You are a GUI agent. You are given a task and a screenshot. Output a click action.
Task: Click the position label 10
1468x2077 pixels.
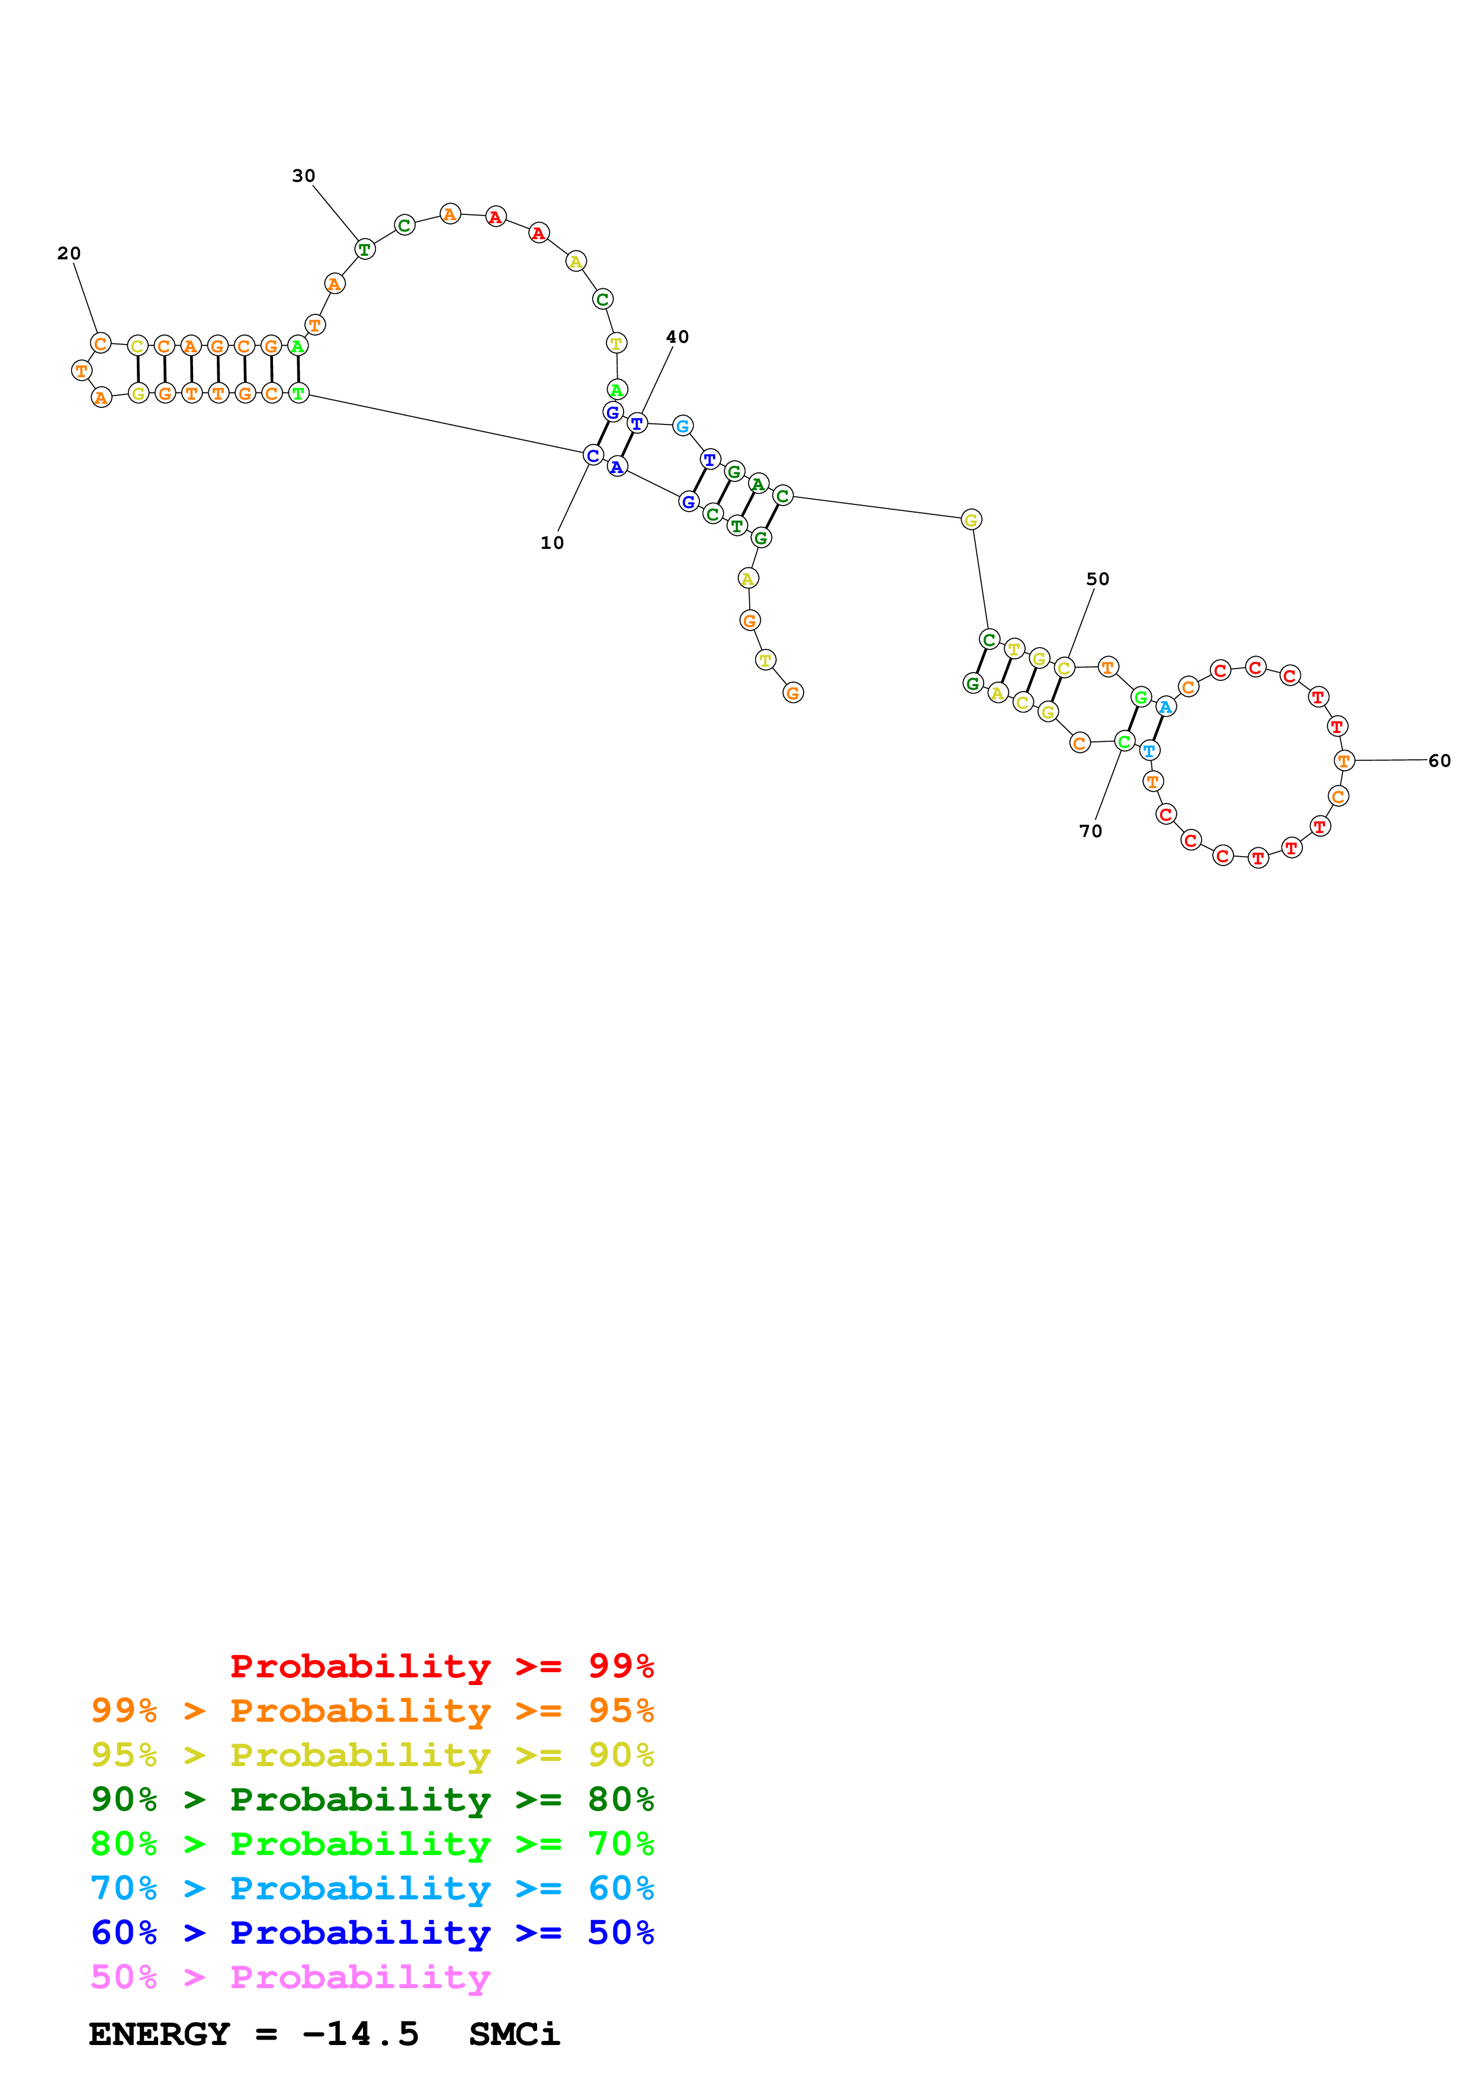click(552, 543)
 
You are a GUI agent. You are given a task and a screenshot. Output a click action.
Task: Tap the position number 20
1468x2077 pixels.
click(69, 253)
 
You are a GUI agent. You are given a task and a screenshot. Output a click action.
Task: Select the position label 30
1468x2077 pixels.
click(303, 175)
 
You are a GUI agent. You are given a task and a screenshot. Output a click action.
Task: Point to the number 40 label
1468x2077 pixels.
click(677, 336)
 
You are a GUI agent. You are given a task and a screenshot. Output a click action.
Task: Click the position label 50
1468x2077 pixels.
click(1097, 579)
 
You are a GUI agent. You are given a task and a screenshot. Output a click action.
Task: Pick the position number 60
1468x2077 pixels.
click(1439, 761)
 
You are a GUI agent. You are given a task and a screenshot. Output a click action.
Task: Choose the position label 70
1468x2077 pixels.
click(1090, 831)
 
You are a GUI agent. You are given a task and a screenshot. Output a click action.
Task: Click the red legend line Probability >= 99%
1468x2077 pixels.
click(441, 1666)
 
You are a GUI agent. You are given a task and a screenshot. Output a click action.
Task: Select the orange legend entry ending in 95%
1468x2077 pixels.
click(372, 1710)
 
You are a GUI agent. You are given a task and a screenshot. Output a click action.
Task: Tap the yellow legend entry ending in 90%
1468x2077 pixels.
click(372, 1754)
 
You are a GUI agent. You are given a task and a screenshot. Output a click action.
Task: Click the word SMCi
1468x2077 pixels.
click(514, 2034)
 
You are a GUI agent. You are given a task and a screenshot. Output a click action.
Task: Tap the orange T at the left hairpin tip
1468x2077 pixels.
click(81, 370)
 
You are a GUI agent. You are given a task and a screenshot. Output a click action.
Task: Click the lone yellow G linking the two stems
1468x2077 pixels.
click(971, 519)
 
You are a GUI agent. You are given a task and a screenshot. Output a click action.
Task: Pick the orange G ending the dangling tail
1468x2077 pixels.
click(792, 693)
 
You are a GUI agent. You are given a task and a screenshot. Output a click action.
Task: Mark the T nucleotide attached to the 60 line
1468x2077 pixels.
click(1344, 761)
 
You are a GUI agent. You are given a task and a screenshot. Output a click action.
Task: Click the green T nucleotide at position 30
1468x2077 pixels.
click(365, 249)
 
